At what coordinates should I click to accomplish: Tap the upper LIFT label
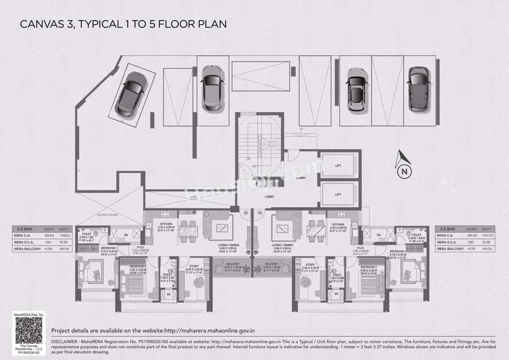click(x=338, y=166)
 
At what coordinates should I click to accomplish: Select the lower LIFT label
click(x=338, y=195)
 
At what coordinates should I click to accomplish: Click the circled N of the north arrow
click(x=404, y=172)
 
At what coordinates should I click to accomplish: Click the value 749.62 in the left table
click(x=64, y=235)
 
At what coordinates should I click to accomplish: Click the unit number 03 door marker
click(x=246, y=213)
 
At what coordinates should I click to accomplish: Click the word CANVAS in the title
click(x=40, y=24)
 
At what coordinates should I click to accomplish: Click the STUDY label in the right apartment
click(x=311, y=265)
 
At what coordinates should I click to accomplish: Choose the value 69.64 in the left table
click(x=49, y=235)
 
